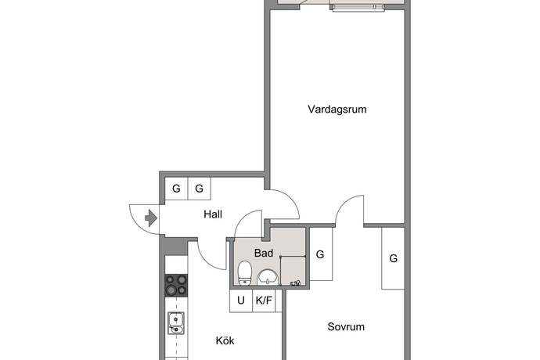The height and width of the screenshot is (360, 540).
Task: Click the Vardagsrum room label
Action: coord(337,110)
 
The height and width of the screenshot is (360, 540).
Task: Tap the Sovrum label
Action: coord(346,326)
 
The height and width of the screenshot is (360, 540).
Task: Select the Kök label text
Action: coord(225,340)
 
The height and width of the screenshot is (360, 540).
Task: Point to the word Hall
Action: coord(213,214)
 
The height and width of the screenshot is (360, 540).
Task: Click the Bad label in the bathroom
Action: coord(264,254)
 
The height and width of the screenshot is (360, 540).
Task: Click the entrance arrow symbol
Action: coord(151,218)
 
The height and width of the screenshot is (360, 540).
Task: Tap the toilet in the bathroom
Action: coord(245,273)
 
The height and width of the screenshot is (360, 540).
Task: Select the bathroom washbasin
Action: coord(268,277)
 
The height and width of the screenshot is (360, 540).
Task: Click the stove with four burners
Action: coord(176,286)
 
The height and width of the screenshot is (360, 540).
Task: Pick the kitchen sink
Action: coord(176,323)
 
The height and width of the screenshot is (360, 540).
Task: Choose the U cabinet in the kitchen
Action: coord(241,301)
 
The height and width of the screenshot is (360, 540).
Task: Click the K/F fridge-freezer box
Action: coord(265,301)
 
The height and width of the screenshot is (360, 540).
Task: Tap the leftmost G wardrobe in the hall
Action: coord(176,189)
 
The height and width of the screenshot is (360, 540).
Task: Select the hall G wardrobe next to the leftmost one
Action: coord(199,189)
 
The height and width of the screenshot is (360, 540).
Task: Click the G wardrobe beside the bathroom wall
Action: coord(321,254)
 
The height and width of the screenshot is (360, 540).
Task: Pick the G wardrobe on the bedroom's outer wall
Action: coord(393,258)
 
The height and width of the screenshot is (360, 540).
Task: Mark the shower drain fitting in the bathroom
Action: coord(296,283)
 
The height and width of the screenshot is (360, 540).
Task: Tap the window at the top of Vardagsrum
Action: coord(358,8)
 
